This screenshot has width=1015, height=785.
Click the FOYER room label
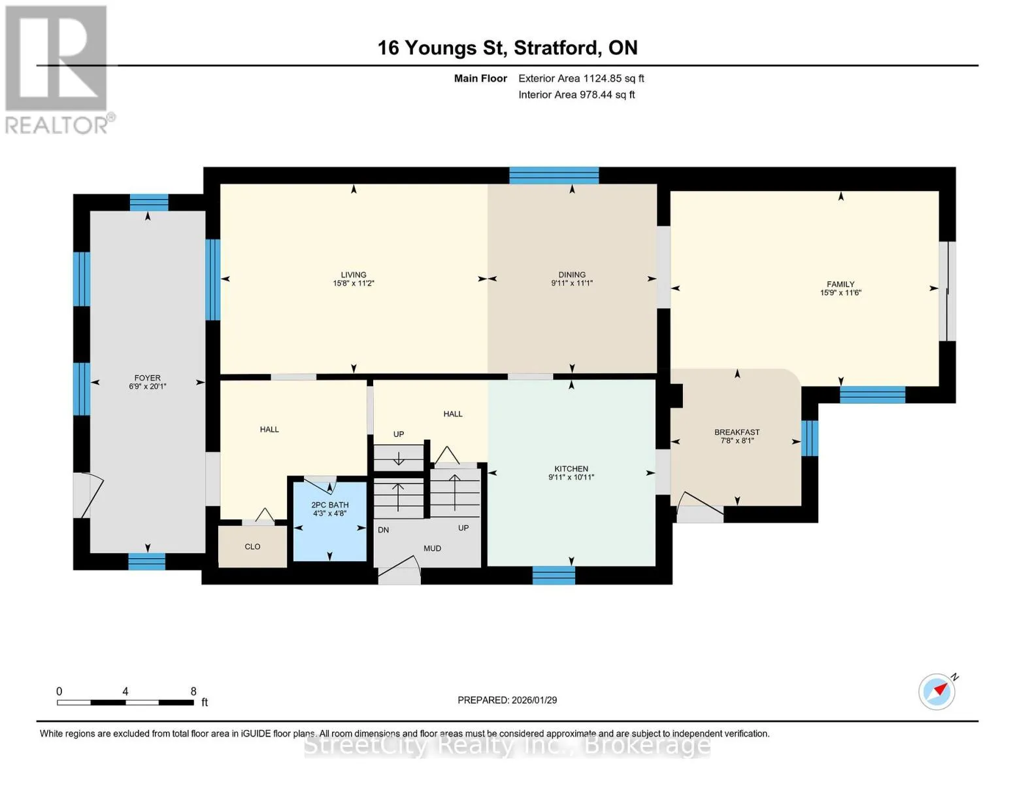click(147, 377)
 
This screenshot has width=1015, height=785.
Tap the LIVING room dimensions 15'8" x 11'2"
click(354, 283)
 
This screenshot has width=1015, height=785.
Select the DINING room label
click(572, 275)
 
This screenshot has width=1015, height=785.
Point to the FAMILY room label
click(840, 285)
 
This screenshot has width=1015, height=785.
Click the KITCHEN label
click(571, 469)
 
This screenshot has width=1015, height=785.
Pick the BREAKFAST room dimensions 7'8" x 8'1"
click(737, 440)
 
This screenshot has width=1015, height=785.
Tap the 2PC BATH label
click(330, 505)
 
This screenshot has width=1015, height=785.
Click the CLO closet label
click(252, 546)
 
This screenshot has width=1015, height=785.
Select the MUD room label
click(432, 548)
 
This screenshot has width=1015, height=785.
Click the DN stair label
click(383, 530)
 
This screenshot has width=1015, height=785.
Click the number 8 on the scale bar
click(193, 691)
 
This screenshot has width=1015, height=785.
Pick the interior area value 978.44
click(596, 95)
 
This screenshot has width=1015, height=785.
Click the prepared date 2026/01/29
click(535, 700)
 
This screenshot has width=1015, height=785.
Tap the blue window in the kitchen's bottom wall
click(554, 575)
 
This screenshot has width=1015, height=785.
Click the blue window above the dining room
click(554, 175)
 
